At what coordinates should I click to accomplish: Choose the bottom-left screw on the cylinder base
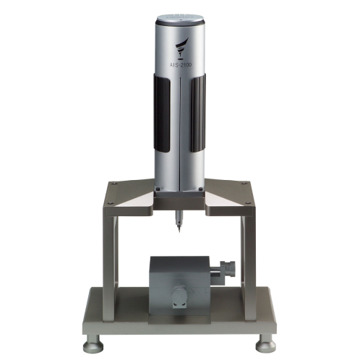tap(159, 189)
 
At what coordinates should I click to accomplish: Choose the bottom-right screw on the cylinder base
tap(201, 189)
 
